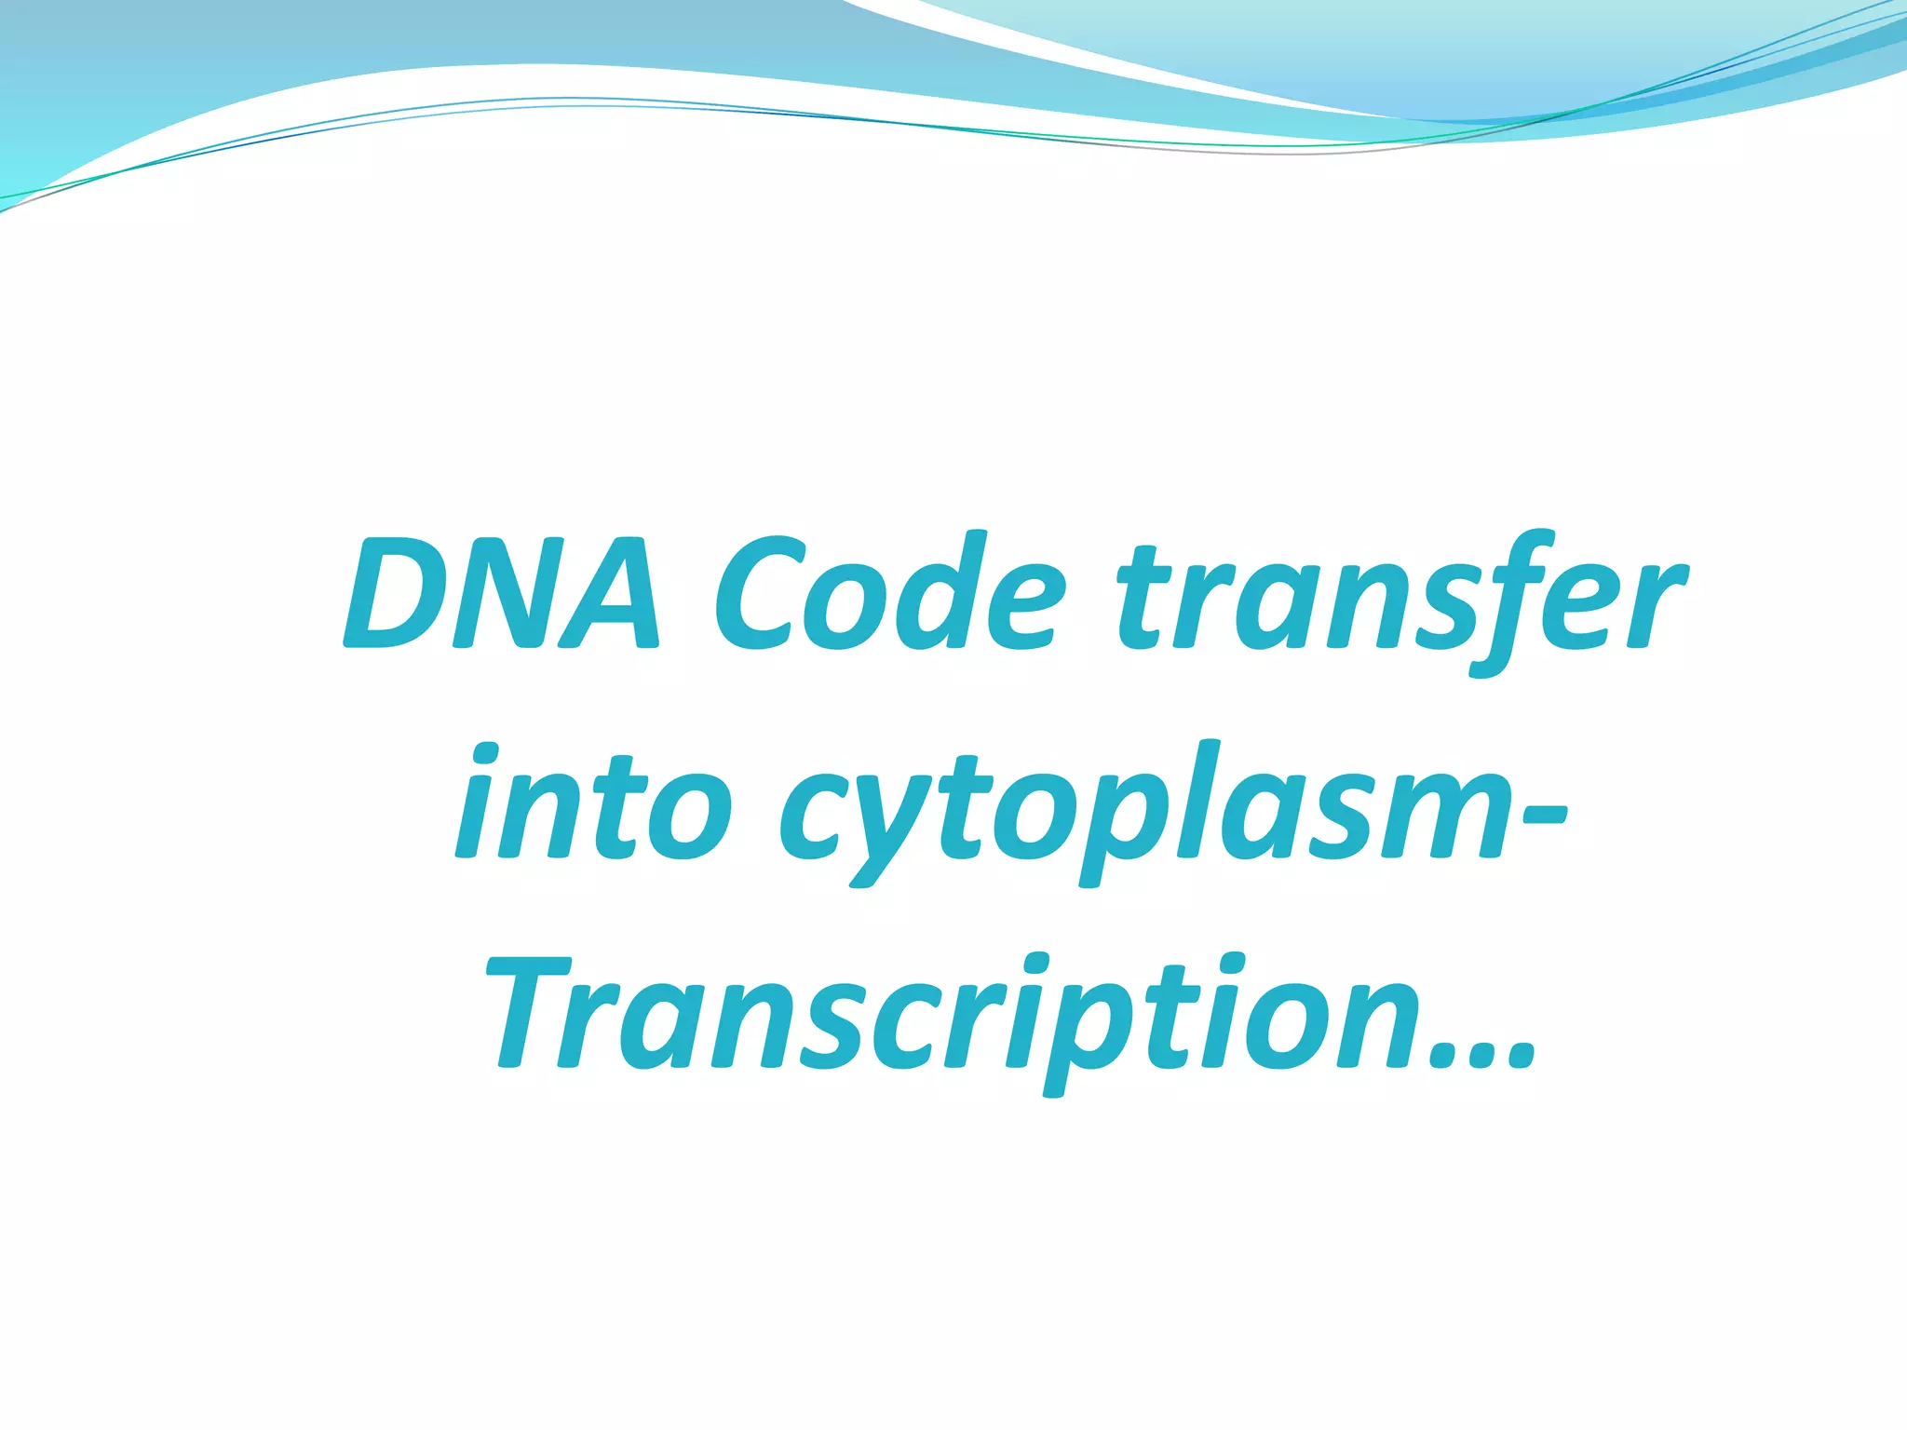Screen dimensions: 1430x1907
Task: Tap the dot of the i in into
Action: point(490,752)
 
